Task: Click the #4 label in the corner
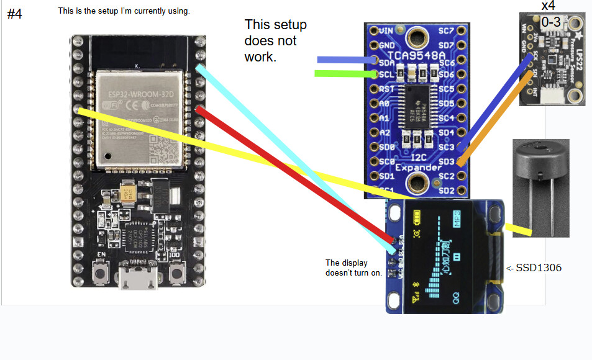coord(14,14)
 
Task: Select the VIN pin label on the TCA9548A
coord(386,30)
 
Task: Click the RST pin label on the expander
coord(387,89)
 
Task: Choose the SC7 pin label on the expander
coord(446,30)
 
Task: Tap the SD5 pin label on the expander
coord(446,104)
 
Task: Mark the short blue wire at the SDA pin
coord(344,60)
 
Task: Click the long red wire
coord(292,174)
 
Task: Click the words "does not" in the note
coord(270,41)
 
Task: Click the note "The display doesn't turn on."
coord(353,267)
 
